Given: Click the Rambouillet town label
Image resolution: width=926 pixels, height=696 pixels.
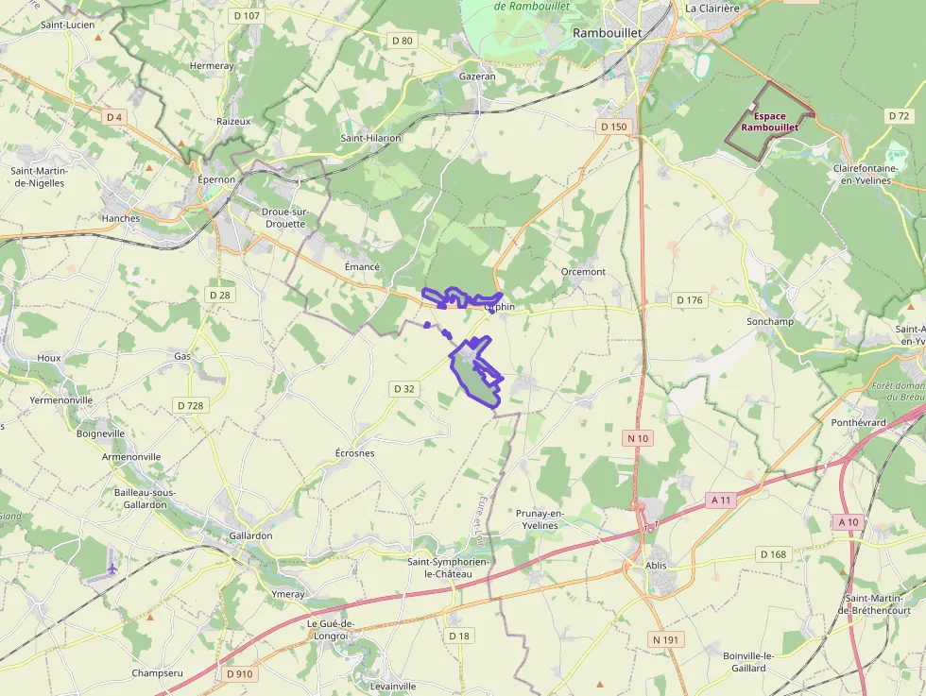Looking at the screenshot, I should (607, 32).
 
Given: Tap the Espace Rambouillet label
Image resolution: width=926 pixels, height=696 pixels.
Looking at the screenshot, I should (770, 122).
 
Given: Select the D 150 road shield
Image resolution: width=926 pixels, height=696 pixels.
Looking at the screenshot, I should (613, 127).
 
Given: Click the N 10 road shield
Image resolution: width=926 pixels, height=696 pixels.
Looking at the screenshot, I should (638, 437).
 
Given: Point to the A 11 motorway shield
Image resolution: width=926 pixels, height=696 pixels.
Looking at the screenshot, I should (722, 500).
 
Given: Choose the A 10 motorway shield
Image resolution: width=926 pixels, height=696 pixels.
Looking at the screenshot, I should (848, 522).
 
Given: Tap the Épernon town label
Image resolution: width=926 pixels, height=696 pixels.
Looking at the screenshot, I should (215, 179).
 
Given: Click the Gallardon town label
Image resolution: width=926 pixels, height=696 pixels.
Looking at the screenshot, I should (250, 535).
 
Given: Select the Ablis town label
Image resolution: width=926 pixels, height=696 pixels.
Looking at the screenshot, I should (656, 566).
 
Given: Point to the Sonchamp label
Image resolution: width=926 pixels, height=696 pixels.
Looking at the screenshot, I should (770, 321).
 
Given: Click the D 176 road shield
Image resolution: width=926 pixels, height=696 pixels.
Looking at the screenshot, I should (690, 300).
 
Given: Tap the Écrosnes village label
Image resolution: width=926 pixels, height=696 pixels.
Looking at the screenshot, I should (355, 453).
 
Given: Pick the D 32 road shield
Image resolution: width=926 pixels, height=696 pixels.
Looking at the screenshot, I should (403, 388).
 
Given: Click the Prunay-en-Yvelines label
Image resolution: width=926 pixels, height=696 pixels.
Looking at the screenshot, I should (540, 518).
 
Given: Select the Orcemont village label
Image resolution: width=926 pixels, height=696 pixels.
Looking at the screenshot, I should (583, 272).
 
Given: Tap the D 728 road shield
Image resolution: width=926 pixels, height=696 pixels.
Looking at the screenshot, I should (190, 405).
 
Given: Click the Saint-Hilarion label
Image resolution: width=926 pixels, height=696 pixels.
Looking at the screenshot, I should (370, 138).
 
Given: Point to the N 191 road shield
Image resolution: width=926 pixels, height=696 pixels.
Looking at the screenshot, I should (665, 639).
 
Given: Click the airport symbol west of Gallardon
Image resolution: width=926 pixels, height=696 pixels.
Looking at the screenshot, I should (112, 569).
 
